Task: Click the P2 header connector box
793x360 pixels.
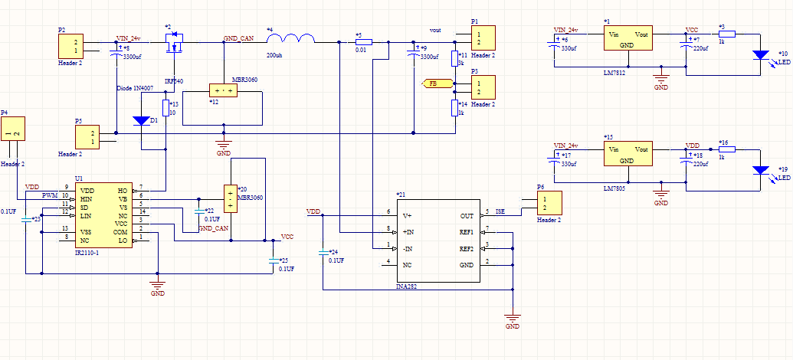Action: [x=71, y=47]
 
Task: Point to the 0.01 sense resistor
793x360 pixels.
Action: [x=363, y=41]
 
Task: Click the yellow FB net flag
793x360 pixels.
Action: [x=433, y=83]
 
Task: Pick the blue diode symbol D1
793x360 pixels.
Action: [x=142, y=121]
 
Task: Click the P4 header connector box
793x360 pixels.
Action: [x=13, y=135]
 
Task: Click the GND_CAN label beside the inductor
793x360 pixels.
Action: [x=238, y=38]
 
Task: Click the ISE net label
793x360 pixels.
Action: [x=500, y=211]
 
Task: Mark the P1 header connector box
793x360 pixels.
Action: [x=483, y=37]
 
